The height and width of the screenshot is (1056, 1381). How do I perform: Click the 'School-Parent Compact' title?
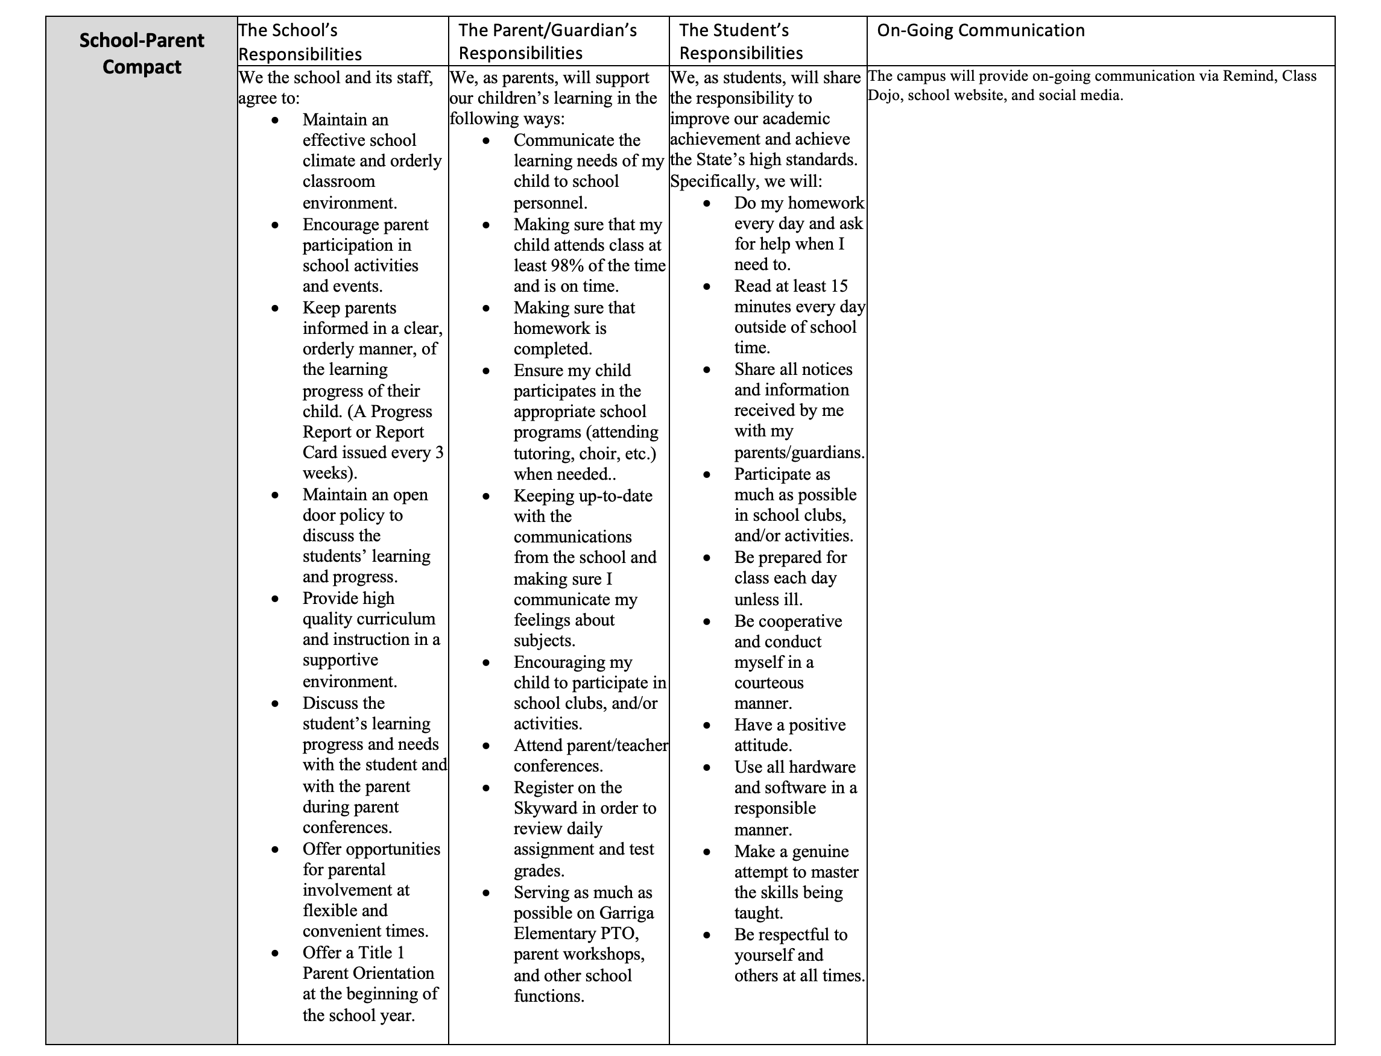[142, 54]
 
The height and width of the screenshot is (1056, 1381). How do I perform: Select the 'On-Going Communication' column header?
[981, 30]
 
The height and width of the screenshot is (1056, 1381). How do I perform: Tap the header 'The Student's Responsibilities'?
[740, 42]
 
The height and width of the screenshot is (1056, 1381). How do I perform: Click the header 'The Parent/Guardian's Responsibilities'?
[547, 42]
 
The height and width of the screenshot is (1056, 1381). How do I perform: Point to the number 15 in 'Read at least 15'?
[839, 286]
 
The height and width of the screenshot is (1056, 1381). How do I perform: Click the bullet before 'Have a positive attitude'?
[707, 725]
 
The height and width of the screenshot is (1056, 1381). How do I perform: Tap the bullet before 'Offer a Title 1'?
[276, 953]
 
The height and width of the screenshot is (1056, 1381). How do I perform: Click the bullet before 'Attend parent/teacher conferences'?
[486, 746]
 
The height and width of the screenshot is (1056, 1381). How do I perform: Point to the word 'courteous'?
[768, 683]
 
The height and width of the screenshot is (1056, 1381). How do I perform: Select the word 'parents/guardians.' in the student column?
[799, 453]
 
